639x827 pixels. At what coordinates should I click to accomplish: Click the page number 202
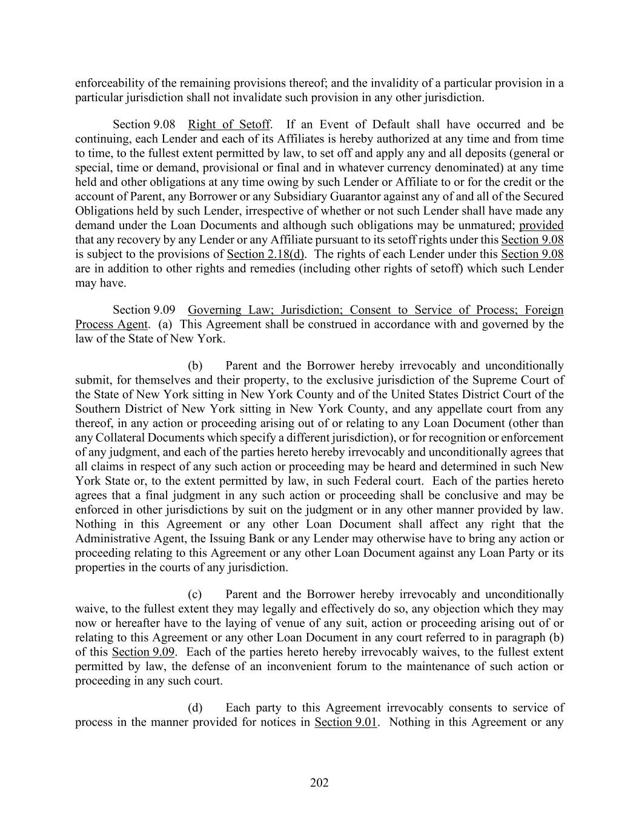click(319, 783)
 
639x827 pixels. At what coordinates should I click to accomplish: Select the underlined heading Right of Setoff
click(229, 125)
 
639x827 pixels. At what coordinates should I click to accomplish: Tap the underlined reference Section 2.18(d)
click(265, 254)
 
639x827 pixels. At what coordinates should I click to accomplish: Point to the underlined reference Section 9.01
click(346, 722)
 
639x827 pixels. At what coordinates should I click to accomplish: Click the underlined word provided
click(541, 225)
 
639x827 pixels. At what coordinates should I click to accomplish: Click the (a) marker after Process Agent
click(165, 324)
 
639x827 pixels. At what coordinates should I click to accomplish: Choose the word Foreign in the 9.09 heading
click(544, 310)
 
